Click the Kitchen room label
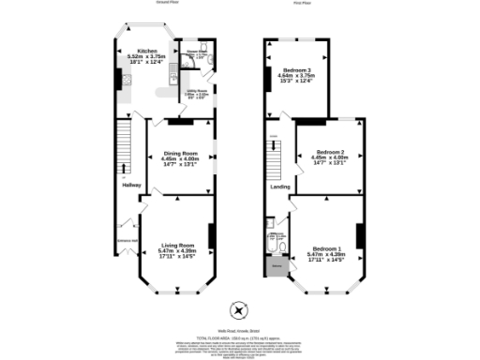pyautogui.click(x=147, y=52)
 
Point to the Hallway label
pyautogui.click(x=130, y=185)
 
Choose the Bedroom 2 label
pyautogui.click(x=331, y=152)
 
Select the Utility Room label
pyautogui.click(x=195, y=91)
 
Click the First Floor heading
pyautogui.click(x=302, y=3)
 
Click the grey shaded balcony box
pyautogui.click(x=277, y=269)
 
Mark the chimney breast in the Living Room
pyautogui.click(x=211, y=235)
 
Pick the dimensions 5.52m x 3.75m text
pyautogui.click(x=146, y=57)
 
